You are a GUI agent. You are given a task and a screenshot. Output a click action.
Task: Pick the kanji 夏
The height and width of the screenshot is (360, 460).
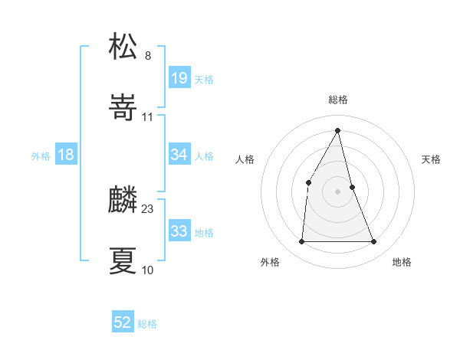(x=123, y=261)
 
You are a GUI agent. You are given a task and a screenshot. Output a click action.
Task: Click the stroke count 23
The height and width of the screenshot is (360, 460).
(x=148, y=209)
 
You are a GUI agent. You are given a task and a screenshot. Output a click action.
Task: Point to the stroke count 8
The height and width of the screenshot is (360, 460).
(x=148, y=55)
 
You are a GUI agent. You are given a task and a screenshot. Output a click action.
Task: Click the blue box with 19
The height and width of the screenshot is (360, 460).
(x=179, y=78)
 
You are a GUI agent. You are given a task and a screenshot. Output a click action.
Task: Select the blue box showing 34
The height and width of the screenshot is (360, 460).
(x=179, y=155)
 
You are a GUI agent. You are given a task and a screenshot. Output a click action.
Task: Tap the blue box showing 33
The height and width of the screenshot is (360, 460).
(x=179, y=231)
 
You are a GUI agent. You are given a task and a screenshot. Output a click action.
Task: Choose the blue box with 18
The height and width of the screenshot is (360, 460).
(x=66, y=155)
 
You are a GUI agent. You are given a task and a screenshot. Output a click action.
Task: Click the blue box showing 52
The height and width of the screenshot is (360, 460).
(x=123, y=323)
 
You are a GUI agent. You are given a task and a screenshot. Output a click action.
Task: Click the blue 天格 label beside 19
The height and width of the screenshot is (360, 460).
(x=204, y=80)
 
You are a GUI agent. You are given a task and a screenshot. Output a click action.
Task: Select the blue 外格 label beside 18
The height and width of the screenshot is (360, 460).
(x=41, y=156)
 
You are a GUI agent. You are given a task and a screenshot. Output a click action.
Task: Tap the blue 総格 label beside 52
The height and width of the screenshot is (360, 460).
(x=147, y=325)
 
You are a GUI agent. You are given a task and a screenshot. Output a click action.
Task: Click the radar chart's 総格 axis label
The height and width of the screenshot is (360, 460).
(x=338, y=100)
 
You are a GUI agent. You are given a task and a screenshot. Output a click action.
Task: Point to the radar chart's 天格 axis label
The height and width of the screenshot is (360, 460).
(x=432, y=159)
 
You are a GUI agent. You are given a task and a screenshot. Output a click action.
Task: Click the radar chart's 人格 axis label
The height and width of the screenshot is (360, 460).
(x=245, y=159)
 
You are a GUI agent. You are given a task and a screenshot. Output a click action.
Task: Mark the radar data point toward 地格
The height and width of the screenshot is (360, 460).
(x=374, y=242)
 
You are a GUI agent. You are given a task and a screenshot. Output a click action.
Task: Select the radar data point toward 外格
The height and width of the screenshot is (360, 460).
(x=301, y=242)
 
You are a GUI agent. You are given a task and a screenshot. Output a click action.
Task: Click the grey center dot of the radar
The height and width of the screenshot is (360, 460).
(x=338, y=191)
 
